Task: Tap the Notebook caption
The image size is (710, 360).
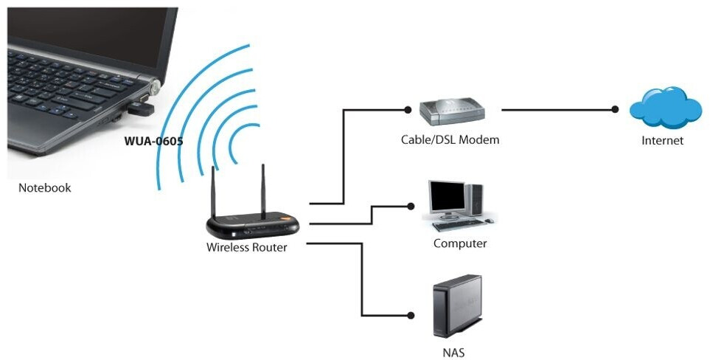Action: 44,188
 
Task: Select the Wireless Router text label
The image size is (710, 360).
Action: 246,247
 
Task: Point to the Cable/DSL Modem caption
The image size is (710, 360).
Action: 450,139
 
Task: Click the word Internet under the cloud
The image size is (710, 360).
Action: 663,140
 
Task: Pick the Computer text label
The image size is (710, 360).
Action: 460,243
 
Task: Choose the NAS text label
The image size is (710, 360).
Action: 454,352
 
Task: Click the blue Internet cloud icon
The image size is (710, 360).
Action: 664,108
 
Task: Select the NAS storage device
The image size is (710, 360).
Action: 457,307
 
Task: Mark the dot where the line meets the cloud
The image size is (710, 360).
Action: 615,110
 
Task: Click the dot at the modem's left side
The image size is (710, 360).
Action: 407,110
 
